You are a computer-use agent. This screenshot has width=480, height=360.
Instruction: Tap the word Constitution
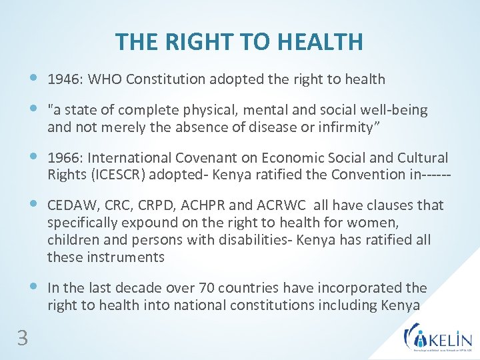[x=167, y=79]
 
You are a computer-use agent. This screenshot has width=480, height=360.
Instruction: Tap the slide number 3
[x=23, y=339]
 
